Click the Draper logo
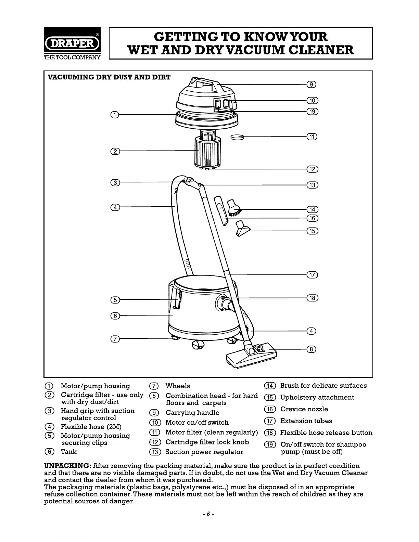(x=72, y=43)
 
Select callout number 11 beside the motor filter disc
(x=312, y=137)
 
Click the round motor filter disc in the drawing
(x=237, y=137)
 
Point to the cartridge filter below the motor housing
(x=207, y=151)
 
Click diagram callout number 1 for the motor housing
(x=115, y=114)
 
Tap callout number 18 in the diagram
(x=312, y=298)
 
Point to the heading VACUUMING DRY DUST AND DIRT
(x=109, y=77)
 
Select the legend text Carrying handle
(x=192, y=413)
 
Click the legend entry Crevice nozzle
(x=304, y=409)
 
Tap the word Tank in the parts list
(x=69, y=452)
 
